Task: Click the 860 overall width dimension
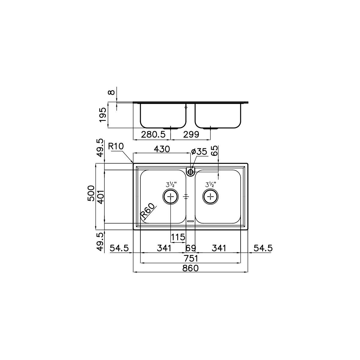(190, 268)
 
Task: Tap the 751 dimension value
(190, 259)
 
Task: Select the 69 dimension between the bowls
(191, 248)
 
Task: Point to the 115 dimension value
(178, 237)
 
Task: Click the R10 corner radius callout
(116, 146)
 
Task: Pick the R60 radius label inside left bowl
(148, 211)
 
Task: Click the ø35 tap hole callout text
(199, 152)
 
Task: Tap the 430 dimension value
(162, 149)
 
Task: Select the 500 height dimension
(91, 193)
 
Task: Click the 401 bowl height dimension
(100, 197)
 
